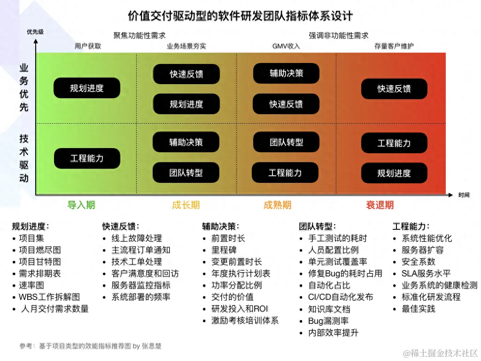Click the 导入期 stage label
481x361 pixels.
[x=81, y=205]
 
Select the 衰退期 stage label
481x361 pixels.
[x=380, y=205]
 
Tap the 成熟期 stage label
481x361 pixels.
[x=277, y=205]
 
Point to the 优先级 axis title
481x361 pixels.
[x=35, y=32]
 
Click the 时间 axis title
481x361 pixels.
[x=464, y=195]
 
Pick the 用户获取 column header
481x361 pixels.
[x=88, y=46]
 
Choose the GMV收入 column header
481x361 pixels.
[x=286, y=46]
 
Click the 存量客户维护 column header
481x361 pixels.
[x=394, y=46]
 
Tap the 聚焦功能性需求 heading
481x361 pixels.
[x=140, y=35]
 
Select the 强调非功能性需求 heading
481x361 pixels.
[x=339, y=35]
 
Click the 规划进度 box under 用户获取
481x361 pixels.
[x=87, y=88]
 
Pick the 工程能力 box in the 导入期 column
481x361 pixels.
[x=87, y=158]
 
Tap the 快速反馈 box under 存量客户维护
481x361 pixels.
[x=394, y=89]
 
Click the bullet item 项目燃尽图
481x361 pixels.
[x=39, y=250]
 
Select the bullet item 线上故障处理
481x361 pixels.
[x=136, y=238]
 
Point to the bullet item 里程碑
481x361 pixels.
[x=224, y=250]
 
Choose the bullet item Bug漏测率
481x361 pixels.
[x=328, y=321]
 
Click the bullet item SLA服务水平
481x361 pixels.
[x=426, y=274]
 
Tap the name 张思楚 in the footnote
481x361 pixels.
[x=152, y=346]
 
